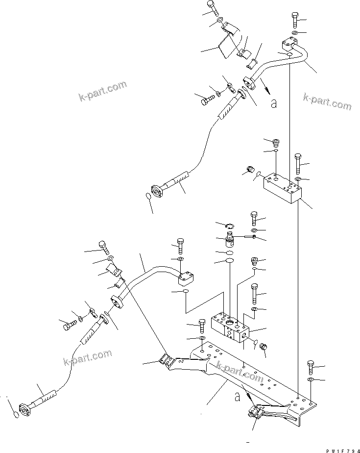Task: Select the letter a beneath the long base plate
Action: (237, 395)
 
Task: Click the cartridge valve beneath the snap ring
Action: (229, 241)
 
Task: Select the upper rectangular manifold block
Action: (282, 189)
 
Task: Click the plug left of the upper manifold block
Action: (251, 171)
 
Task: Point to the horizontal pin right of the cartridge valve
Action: (248, 238)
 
